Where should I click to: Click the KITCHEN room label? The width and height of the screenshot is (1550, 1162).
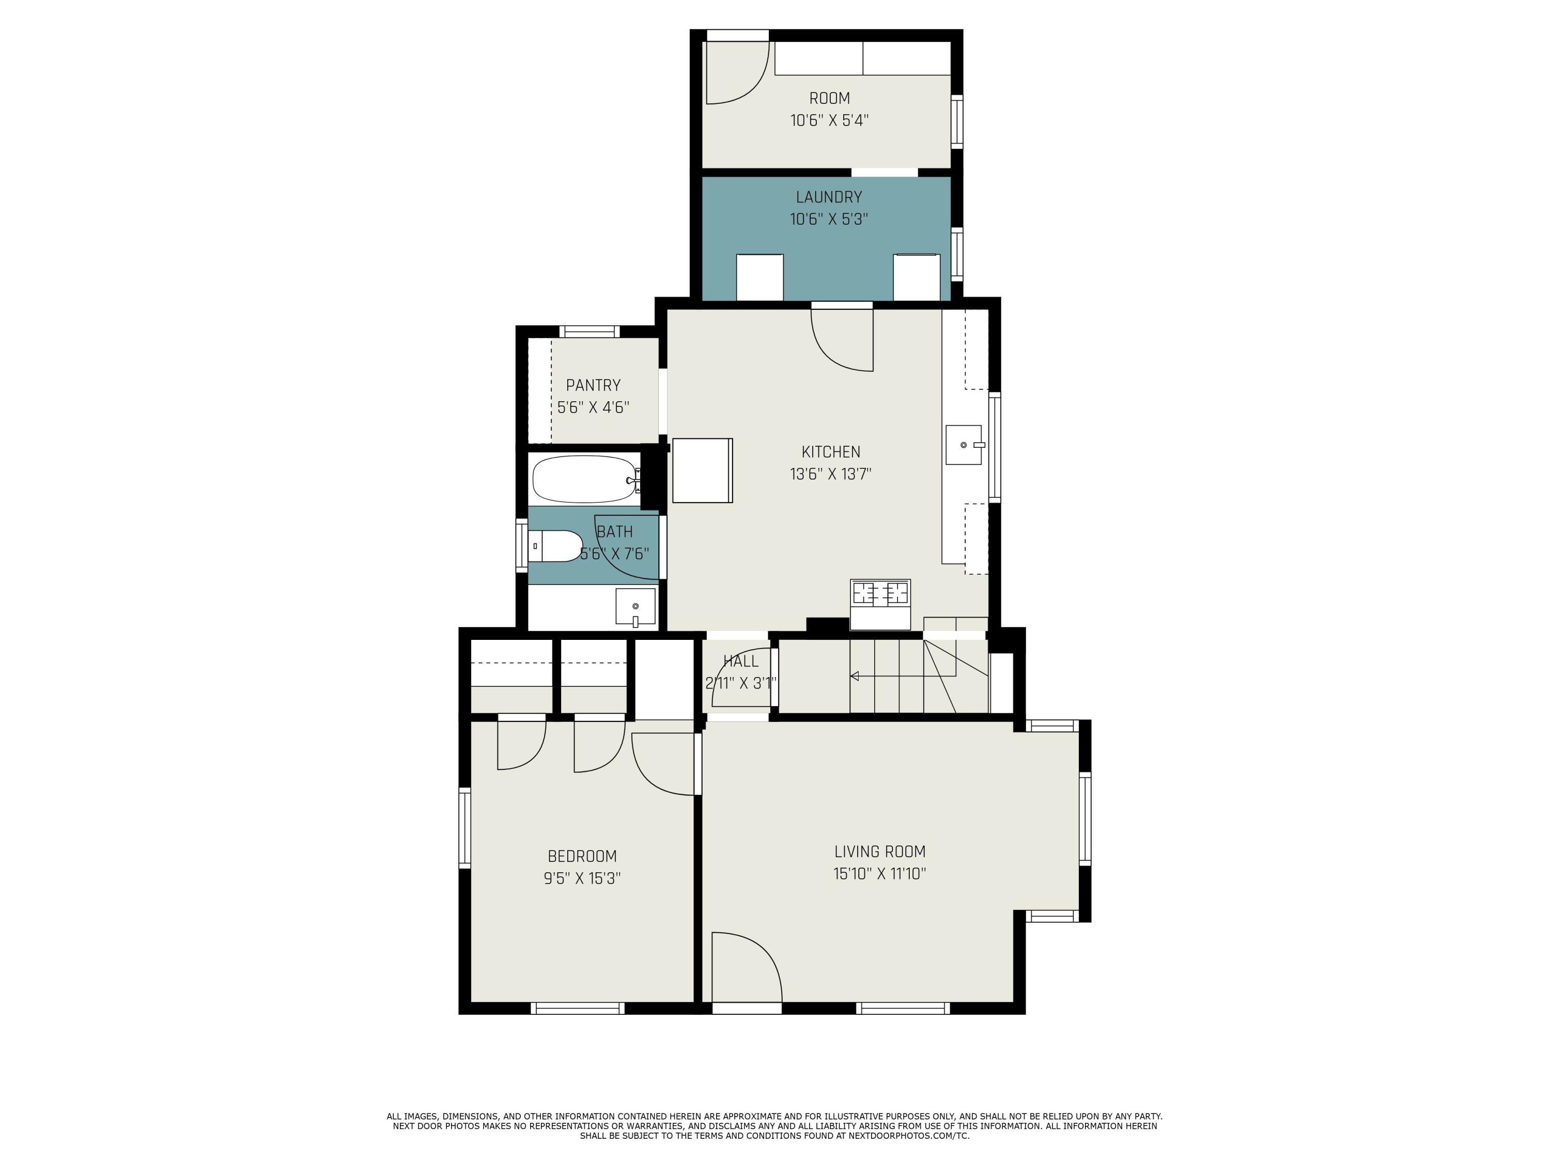(830, 452)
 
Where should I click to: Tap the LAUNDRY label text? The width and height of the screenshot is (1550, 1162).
(829, 197)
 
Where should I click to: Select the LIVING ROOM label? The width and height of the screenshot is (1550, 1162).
(879, 852)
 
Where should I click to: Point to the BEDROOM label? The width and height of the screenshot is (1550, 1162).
(582, 856)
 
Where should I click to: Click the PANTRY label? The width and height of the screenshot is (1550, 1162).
(594, 385)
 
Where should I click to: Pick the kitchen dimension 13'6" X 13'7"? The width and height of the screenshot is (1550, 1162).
(830, 474)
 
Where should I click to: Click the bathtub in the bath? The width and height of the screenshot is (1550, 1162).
(586, 480)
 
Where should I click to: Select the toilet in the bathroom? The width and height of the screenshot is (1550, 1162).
(555, 546)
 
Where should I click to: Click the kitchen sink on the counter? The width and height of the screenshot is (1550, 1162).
(964, 445)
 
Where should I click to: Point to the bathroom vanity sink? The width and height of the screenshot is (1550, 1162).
(636, 607)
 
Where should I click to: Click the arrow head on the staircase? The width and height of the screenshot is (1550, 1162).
(854, 676)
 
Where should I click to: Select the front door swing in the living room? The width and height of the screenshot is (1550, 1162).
(747, 967)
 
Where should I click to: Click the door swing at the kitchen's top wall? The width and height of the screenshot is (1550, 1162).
(842, 340)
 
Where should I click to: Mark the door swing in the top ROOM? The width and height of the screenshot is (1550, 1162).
(737, 73)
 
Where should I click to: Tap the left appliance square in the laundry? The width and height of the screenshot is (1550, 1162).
(760, 277)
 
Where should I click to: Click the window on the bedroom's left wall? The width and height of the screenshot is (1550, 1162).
(464, 828)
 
